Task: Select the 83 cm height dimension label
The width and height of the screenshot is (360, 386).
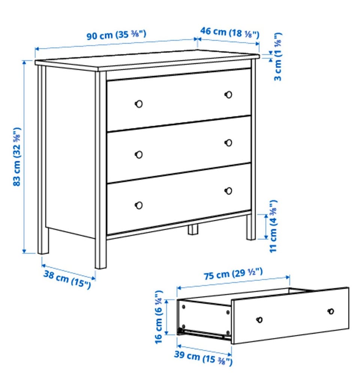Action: [17, 157]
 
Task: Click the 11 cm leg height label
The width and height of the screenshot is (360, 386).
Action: [273, 226]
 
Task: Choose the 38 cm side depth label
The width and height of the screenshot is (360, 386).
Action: [67, 279]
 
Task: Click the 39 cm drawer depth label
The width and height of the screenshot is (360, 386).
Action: [203, 357]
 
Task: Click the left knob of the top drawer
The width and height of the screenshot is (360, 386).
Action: [139, 104]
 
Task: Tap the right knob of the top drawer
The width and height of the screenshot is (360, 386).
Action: [228, 95]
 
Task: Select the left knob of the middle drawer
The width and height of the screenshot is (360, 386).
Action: [139, 155]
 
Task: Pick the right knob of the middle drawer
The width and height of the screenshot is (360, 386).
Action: [228, 143]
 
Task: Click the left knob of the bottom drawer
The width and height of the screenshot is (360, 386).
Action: [139, 205]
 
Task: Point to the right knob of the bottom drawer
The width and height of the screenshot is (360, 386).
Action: [228, 191]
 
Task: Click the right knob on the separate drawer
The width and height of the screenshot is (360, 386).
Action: [331, 311]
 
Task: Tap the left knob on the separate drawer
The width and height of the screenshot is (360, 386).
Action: [259, 320]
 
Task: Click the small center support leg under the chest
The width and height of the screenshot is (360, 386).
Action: [193, 229]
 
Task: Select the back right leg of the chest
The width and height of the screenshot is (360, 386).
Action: [251, 227]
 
